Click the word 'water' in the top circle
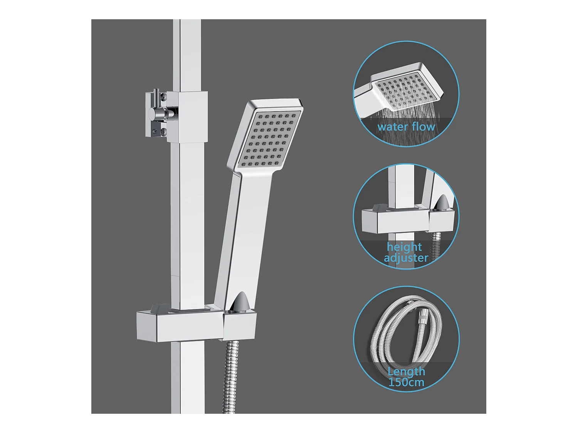(392, 127)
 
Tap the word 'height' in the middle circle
(404, 247)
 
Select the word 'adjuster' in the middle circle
(406, 258)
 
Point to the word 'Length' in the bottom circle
(406, 371)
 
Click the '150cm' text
(406, 382)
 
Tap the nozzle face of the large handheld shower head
(269, 139)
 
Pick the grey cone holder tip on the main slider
(240, 301)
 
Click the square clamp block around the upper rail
(188, 117)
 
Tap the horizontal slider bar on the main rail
(179, 325)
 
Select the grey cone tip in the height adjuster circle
(442, 202)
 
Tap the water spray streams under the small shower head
(405, 114)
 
